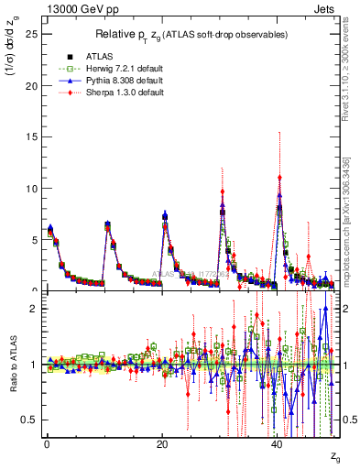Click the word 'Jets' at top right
pos(327,8)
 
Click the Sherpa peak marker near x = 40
pos(279,178)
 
